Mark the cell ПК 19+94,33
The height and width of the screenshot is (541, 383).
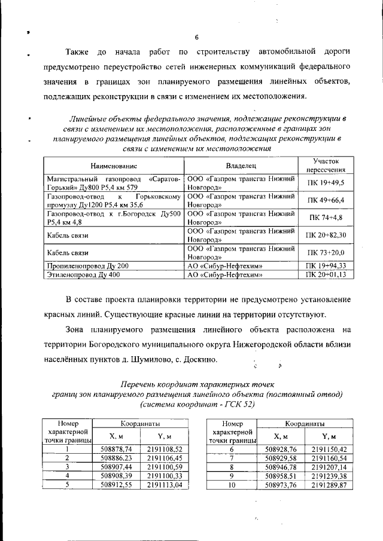(x=326, y=265)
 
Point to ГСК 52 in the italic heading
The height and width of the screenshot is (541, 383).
(x=239, y=405)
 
